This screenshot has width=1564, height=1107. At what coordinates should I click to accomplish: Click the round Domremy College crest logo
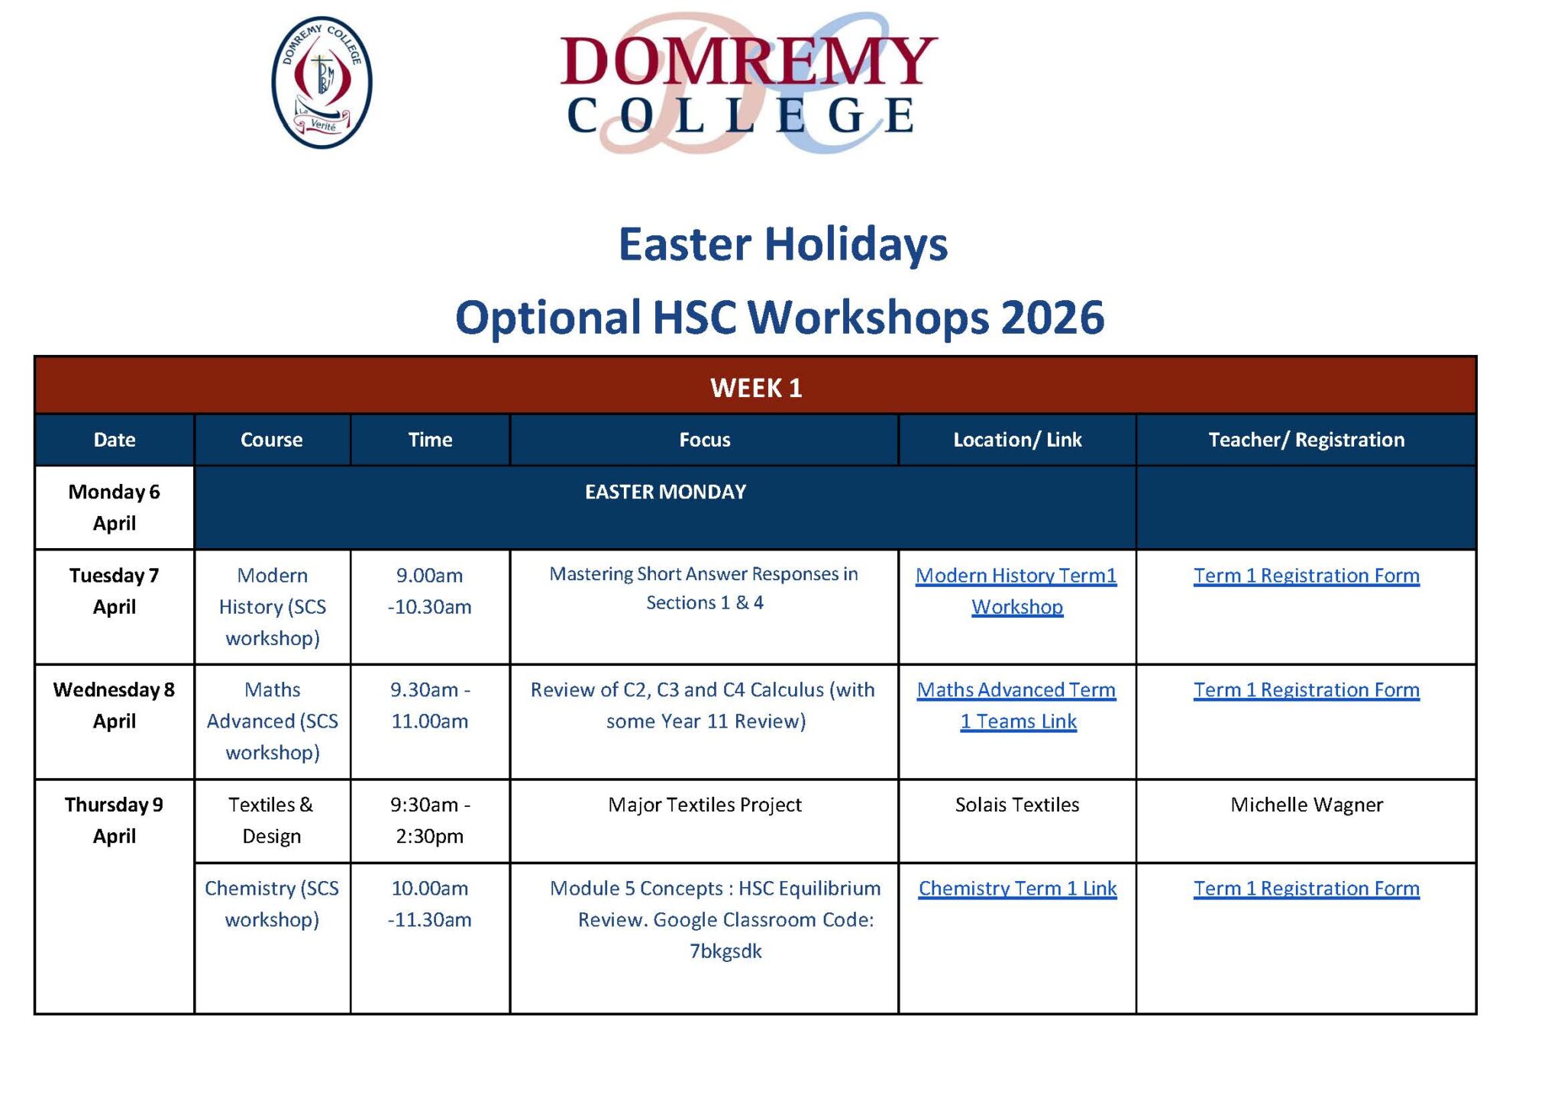point(322,82)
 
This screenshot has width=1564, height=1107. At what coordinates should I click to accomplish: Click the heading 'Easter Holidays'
point(783,245)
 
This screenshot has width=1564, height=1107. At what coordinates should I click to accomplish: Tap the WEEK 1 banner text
point(756,388)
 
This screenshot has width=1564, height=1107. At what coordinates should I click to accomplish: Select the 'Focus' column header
point(705,440)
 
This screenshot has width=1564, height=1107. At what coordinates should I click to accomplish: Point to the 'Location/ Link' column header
point(1017,440)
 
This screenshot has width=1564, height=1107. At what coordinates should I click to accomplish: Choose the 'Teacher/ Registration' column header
point(1306,440)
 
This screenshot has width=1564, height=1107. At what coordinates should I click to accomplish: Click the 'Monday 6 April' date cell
point(115,508)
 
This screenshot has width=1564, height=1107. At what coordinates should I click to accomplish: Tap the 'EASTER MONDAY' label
point(665,492)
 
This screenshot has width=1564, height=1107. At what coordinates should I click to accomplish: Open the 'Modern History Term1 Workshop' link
point(1016,591)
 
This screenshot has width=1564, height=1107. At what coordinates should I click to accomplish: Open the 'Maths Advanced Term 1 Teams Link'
point(1016,705)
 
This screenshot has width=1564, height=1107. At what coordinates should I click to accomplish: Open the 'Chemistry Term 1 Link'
point(1017,889)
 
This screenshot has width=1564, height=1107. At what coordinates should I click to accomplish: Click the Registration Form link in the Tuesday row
point(1307,576)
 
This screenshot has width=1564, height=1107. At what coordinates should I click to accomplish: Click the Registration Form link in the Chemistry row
point(1307,889)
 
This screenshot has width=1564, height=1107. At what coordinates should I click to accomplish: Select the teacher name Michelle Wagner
point(1307,805)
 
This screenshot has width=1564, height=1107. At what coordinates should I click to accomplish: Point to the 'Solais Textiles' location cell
point(1017,805)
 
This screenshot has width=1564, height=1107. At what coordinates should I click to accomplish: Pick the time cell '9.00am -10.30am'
point(429,591)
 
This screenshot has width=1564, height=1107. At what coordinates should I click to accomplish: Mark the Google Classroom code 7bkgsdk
point(725,951)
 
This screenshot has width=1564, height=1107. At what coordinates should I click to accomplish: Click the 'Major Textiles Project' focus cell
point(705,805)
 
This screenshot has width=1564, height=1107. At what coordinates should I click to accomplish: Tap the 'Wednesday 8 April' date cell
point(115,705)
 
